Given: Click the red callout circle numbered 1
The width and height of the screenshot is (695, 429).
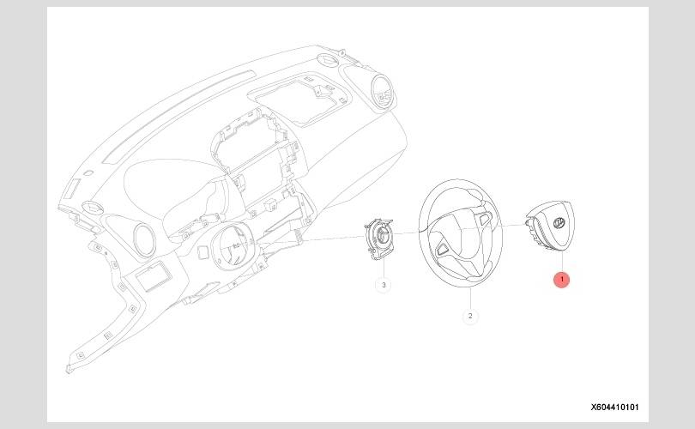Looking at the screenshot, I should point(562,280).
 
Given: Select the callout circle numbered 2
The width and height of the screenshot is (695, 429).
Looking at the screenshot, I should point(470,317).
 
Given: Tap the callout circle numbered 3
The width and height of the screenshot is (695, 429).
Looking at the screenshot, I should point(383,284).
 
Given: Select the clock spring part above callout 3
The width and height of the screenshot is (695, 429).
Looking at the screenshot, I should point(380,236).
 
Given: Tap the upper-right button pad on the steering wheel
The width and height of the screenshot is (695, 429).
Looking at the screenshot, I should point(485,219).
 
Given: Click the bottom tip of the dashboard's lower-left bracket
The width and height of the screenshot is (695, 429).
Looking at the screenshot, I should point(69,370).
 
